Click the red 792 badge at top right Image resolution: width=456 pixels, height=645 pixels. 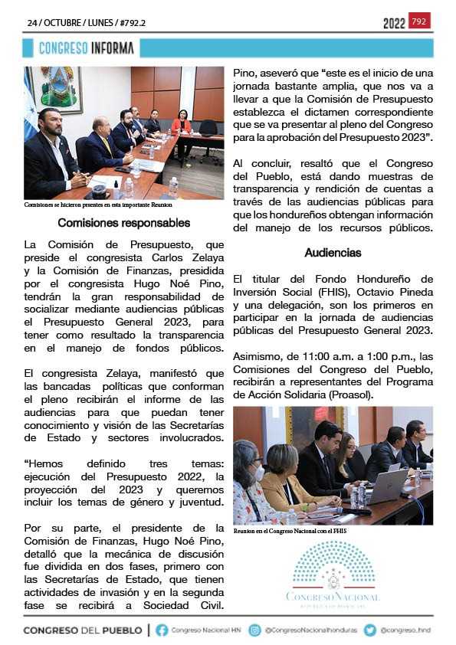419,21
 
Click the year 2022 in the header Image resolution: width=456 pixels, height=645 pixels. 394,24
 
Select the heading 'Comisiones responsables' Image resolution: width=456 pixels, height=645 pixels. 123,224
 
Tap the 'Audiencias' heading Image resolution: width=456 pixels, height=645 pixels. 333,252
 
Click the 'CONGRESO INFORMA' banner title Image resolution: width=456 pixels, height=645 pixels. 87,48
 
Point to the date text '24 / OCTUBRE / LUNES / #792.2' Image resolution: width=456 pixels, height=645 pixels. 86,23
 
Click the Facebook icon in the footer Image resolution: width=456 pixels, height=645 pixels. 162,630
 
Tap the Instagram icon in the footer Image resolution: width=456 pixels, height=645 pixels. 256,630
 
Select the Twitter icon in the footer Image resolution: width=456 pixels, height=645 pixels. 370,630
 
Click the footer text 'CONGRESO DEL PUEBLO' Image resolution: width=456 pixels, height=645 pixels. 83,630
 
